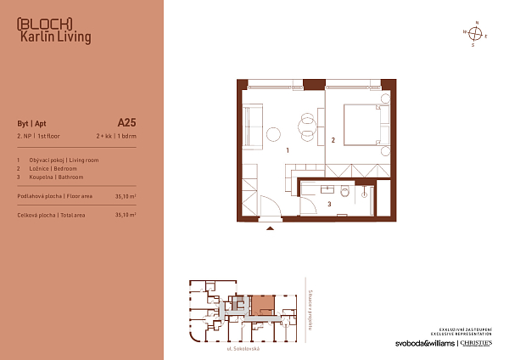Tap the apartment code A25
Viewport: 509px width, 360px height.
point(126,121)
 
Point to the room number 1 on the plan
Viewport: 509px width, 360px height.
point(288,150)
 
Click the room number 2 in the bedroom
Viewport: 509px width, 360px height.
point(333,140)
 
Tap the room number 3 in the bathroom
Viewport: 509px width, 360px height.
point(328,205)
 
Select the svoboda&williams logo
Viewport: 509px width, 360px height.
point(425,343)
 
